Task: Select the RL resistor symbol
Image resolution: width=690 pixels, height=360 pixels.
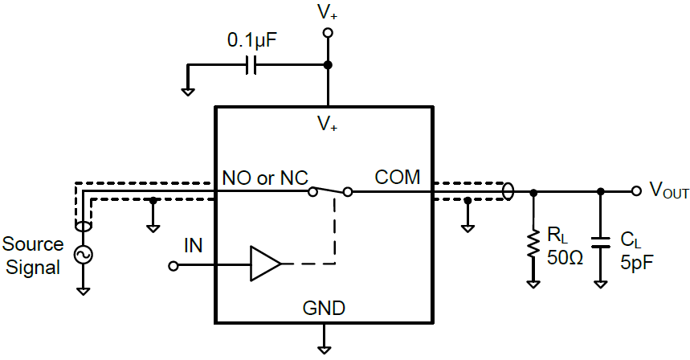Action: pos(532,244)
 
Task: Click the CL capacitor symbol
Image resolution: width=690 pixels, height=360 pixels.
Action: pos(601,240)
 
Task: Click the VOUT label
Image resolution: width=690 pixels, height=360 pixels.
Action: pos(668,191)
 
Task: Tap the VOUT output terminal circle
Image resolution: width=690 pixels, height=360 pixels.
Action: pos(636,191)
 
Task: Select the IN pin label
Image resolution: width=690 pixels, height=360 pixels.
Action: pos(193,244)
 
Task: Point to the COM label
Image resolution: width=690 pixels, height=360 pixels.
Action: pos(396,177)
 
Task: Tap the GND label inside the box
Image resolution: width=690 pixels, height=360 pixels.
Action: pos(324,308)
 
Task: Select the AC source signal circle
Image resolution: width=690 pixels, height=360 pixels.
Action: pos(83,255)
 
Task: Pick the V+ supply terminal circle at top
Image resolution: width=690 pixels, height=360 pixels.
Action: pos(327,33)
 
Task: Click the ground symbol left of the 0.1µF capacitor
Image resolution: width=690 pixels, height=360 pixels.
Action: pos(187,90)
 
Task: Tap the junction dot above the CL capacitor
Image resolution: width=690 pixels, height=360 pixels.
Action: pos(601,191)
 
